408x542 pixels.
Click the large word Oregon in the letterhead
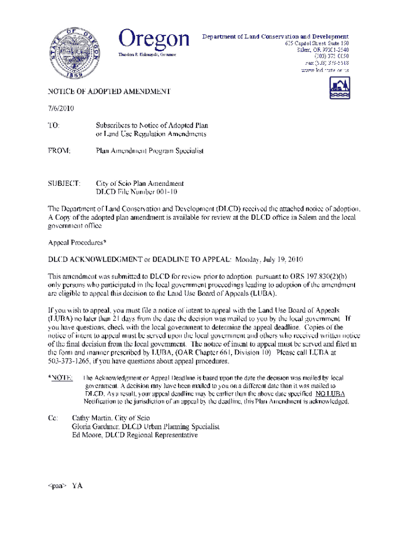pos(154,39)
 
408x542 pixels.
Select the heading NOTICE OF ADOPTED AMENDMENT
pos(109,92)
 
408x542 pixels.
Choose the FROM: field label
pos(60,151)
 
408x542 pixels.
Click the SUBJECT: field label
pos(64,183)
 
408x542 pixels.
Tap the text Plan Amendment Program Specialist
pos(149,151)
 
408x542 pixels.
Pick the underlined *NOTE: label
pos(60,378)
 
